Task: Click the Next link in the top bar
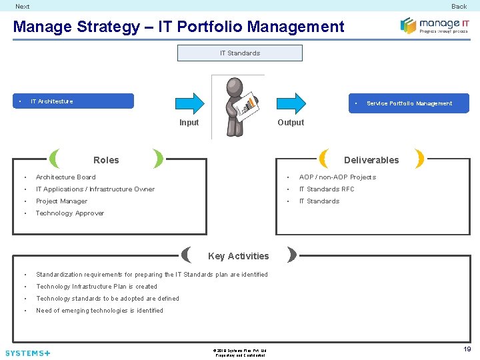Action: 23,7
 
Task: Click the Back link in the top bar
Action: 459,7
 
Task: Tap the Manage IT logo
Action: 434,26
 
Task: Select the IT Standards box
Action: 239,53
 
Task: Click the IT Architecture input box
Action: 73,101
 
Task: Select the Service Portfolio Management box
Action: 409,103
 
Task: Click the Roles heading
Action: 106,160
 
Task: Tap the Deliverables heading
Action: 371,160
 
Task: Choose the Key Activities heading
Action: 238,256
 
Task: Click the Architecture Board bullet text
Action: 65,177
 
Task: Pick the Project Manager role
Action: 61,201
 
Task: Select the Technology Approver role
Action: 69,213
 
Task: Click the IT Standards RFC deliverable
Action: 327,189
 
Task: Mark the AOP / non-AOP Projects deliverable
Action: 337,177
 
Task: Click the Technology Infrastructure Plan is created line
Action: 97,287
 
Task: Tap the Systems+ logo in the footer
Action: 27,353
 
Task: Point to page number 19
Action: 467,349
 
